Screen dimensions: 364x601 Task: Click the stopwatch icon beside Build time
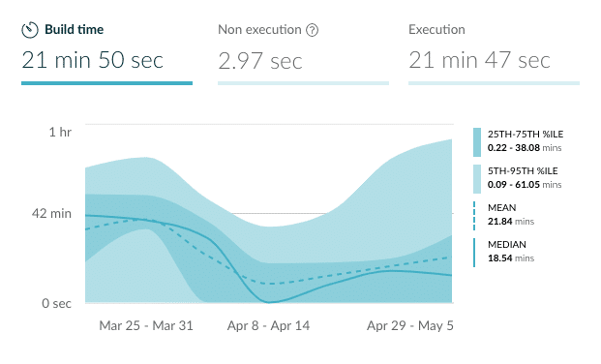pyautogui.click(x=30, y=30)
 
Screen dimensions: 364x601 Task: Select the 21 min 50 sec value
pyautogui.click(x=92, y=61)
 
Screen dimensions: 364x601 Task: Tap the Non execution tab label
pyautogui.click(x=259, y=30)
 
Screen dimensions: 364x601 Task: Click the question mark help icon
pyautogui.click(x=313, y=30)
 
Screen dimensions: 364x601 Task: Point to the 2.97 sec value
pyautogui.click(x=259, y=61)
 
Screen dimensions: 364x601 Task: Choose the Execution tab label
pyautogui.click(x=437, y=30)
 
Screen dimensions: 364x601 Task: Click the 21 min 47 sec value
pyautogui.click(x=479, y=61)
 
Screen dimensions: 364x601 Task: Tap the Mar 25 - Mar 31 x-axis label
pyautogui.click(x=146, y=326)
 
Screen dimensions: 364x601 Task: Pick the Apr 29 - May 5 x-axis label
pyautogui.click(x=409, y=326)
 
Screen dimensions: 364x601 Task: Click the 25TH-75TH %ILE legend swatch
pyautogui.click(x=476, y=141)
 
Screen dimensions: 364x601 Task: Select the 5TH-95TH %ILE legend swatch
pyautogui.click(x=476, y=178)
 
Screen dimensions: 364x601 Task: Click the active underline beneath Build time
pyautogui.click(x=106, y=83)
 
